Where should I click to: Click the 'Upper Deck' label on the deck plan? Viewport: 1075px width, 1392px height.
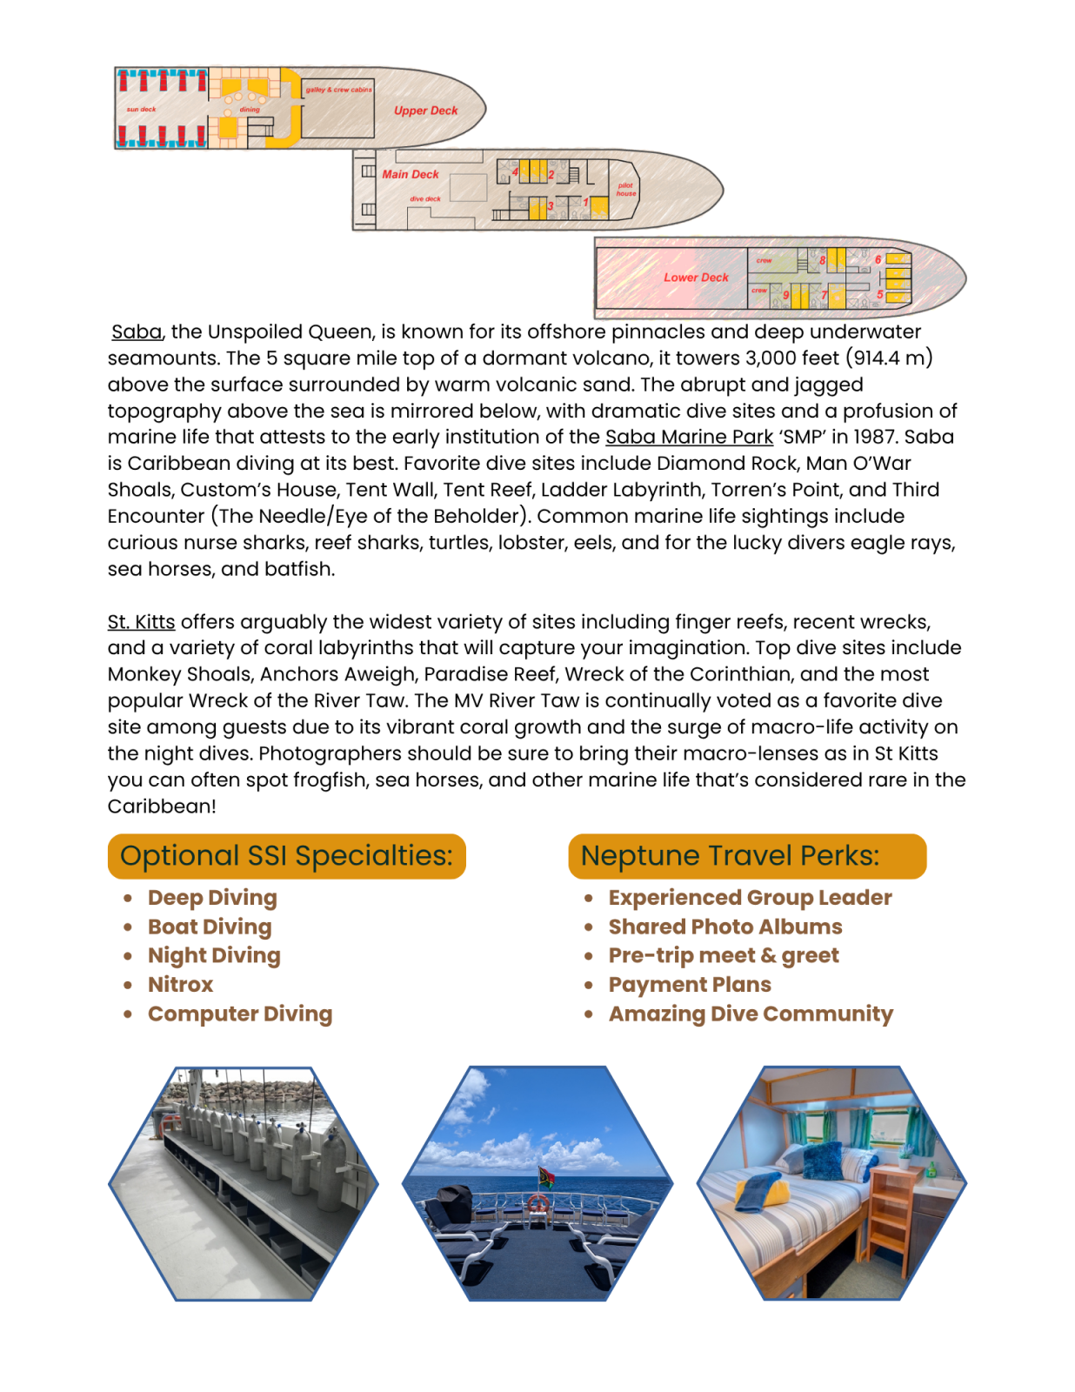point(425,110)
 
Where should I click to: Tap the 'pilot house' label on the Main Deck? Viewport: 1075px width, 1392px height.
point(626,189)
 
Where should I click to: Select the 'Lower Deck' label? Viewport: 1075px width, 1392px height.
point(696,278)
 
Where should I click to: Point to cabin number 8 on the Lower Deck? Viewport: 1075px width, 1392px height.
point(822,260)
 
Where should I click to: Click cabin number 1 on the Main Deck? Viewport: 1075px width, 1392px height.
point(586,203)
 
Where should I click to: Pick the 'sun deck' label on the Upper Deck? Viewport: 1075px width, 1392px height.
point(141,110)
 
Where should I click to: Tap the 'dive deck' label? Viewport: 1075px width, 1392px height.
point(425,199)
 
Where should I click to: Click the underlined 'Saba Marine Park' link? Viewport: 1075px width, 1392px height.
point(689,437)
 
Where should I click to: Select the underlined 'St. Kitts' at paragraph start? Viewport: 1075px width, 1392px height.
point(141,622)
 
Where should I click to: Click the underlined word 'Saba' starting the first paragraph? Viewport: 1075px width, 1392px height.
point(137,331)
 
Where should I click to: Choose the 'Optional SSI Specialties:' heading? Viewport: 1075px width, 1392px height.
point(286,856)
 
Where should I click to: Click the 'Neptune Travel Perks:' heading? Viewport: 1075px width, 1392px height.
point(730,856)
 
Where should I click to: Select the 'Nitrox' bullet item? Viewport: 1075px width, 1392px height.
point(180,985)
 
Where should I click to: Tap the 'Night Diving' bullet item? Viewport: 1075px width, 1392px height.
point(214,955)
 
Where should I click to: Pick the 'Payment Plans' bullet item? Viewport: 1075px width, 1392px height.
point(690,985)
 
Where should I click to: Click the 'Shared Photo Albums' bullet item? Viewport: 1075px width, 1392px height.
point(725,927)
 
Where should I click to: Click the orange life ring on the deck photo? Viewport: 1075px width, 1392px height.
point(538,1204)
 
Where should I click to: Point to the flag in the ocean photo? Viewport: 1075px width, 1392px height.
point(547,1176)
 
